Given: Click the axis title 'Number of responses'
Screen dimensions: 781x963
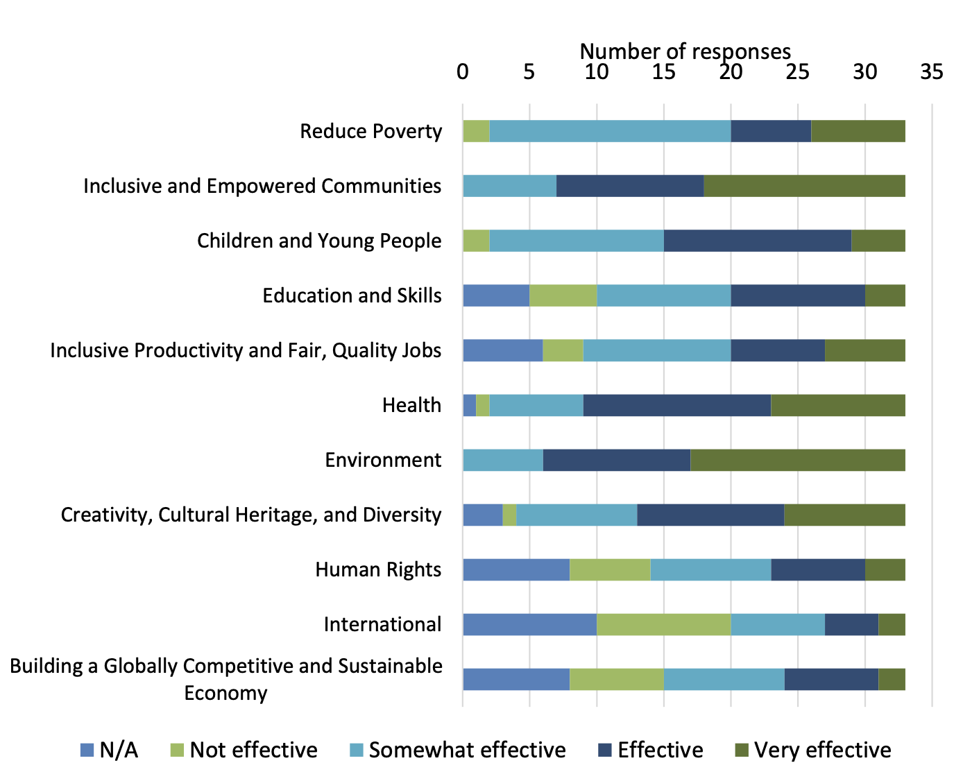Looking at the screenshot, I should pyautogui.click(x=685, y=51).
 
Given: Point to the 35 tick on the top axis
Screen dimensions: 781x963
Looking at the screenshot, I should pyautogui.click(x=932, y=71).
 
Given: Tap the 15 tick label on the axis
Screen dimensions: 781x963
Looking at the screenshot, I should pyautogui.click(x=663, y=71).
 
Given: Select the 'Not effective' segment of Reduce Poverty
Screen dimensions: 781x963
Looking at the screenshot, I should pyautogui.click(x=476, y=131).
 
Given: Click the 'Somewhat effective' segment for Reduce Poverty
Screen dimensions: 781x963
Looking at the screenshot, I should pyautogui.click(x=610, y=131).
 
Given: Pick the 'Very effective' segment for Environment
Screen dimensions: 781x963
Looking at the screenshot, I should pyautogui.click(x=798, y=460).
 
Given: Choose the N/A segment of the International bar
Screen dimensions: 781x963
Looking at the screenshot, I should pyautogui.click(x=529, y=624).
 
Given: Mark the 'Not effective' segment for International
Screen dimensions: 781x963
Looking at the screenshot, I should pyautogui.click(x=663, y=624).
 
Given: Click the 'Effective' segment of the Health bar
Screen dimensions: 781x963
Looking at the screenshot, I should pyautogui.click(x=676, y=405).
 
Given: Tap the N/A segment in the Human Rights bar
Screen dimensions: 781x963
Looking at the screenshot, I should pyautogui.click(x=516, y=569).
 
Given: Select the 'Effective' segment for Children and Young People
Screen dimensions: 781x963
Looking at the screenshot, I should pyautogui.click(x=757, y=241).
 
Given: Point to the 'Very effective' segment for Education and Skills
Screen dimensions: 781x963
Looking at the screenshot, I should pyautogui.click(x=885, y=295).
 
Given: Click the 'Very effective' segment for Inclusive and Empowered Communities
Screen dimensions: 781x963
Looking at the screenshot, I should pyautogui.click(x=804, y=186).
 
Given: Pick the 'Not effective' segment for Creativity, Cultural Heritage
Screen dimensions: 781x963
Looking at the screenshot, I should pyautogui.click(x=509, y=515).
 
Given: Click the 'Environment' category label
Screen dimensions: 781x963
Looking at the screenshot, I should pyautogui.click(x=383, y=460).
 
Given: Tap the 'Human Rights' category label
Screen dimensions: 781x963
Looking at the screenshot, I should pyautogui.click(x=378, y=569).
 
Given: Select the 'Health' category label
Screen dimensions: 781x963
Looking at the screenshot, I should pyautogui.click(x=411, y=405).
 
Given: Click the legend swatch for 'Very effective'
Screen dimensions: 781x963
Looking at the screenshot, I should pyautogui.click(x=742, y=750).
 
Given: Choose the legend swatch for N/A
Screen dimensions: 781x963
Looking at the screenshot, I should pyautogui.click(x=87, y=750).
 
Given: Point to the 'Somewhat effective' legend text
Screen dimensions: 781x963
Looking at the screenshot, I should pyautogui.click(x=467, y=750).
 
